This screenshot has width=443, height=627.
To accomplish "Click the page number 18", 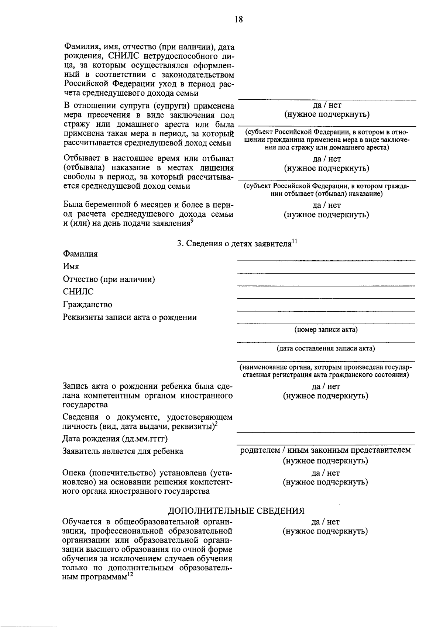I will pyautogui.click(x=238, y=20).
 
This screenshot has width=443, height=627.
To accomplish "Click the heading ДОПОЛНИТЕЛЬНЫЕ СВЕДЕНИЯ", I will pyautogui.click(x=236, y=511).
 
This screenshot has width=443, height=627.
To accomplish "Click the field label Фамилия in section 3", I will pyautogui.click(x=80, y=254).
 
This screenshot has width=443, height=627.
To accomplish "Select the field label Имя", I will pyautogui.click(x=71, y=266).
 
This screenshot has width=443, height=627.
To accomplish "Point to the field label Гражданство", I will pyautogui.click(x=87, y=305).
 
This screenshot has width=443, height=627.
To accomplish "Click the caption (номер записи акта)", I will pyautogui.click(x=326, y=329).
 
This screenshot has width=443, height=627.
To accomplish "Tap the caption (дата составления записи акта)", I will pyautogui.click(x=326, y=348).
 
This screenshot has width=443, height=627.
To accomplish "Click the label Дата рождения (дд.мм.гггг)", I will pyautogui.click(x=115, y=439).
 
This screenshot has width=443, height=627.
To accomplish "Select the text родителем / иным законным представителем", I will pyautogui.click(x=326, y=450).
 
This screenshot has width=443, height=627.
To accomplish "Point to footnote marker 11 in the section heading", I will pyautogui.click(x=294, y=241).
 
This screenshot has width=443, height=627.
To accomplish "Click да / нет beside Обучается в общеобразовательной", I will pyautogui.click(x=326, y=522).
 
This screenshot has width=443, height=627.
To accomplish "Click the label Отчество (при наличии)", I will pyautogui.click(x=109, y=279).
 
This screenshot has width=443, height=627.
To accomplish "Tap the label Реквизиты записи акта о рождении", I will pyautogui.click(x=130, y=317).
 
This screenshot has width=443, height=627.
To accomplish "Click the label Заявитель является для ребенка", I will pyautogui.click(x=123, y=451).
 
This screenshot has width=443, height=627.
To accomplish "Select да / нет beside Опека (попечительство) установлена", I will pyautogui.click(x=326, y=473).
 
